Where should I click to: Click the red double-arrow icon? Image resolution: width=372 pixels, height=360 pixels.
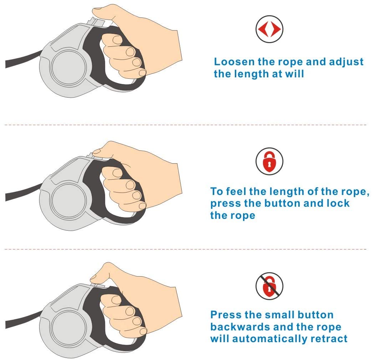[x=269, y=29]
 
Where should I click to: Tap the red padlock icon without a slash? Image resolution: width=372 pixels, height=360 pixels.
[x=269, y=161]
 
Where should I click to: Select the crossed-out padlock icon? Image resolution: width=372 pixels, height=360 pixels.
[x=269, y=286]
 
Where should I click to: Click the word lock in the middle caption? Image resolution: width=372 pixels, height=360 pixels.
[x=338, y=203]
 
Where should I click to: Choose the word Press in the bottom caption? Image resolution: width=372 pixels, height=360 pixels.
[x=226, y=315]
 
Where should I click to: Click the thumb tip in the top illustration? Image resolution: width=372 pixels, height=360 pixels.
[x=96, y=10]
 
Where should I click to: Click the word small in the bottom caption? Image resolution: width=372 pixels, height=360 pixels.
[x=279, y=315]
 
